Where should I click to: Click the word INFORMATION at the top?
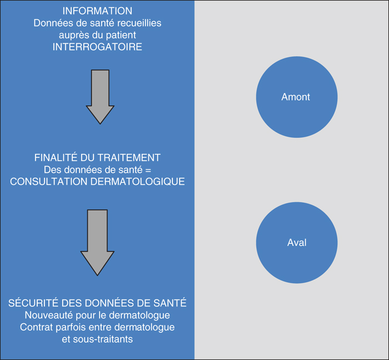click(97, 11)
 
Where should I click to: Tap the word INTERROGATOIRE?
click(97, 47)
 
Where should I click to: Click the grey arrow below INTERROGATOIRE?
click(100, 97)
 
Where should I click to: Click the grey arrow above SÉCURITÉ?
click(97, 242)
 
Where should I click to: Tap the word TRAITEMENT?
click(129, 158)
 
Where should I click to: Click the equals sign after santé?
click(148, 170)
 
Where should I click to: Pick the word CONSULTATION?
click(49, 182)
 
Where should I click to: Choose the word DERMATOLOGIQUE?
click(138, 182)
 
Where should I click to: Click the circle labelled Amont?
click(297, 97)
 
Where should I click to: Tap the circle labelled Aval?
click(297, 243)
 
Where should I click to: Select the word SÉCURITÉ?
click(33, 303)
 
